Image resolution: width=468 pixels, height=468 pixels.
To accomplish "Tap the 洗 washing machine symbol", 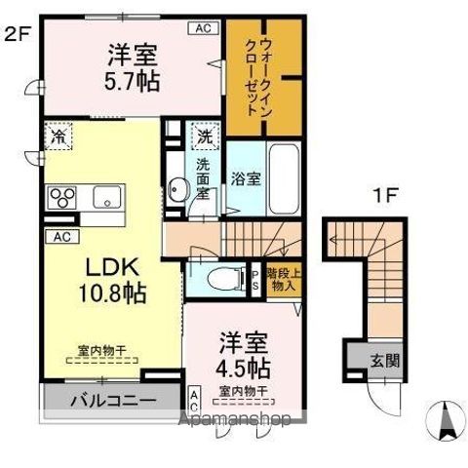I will click(x=206, y=136).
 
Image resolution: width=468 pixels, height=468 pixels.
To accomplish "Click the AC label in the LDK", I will click(x=59, y=237).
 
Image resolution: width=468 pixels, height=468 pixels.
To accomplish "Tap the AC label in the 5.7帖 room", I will click(x=204, y=29).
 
